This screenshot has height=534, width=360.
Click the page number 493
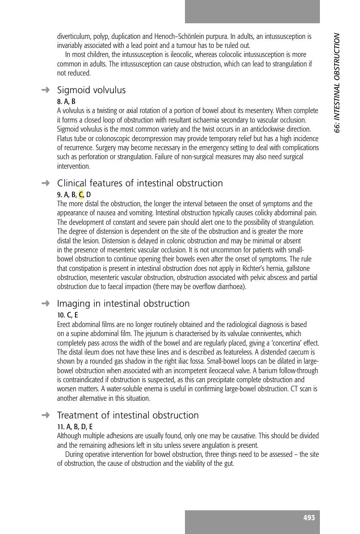tap(309, 518)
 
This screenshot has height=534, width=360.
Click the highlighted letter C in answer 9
tap(81, 195)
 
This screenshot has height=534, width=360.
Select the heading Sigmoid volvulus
tap(91, 90)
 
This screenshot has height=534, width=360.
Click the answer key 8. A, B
tap(66, 101)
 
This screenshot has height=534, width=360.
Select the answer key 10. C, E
tap(67, 315)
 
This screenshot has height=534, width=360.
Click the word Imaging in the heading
tap(74, 304)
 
